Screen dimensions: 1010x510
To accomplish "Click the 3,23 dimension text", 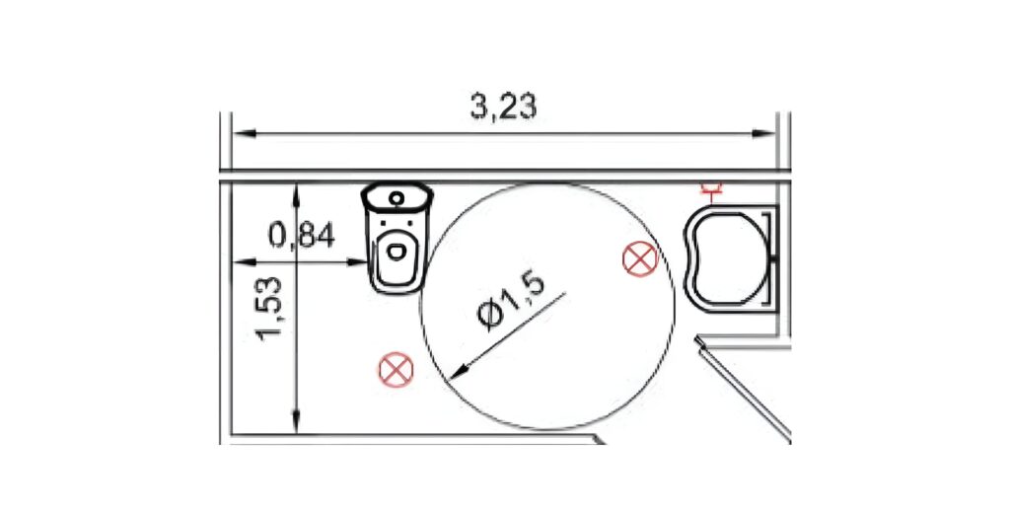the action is [x=503, y=107].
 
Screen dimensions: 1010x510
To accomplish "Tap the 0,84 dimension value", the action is [x=302, y=236].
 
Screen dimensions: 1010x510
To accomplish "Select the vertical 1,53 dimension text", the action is [x=269, y=307].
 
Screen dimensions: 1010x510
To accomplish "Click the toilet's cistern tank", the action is [x=397, y=196].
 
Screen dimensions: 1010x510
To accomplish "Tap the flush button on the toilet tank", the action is [x=397, y=197].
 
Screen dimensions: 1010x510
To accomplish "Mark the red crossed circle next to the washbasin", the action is [x=640, y=258].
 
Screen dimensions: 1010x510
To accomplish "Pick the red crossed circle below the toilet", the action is [x=396, y=370].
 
